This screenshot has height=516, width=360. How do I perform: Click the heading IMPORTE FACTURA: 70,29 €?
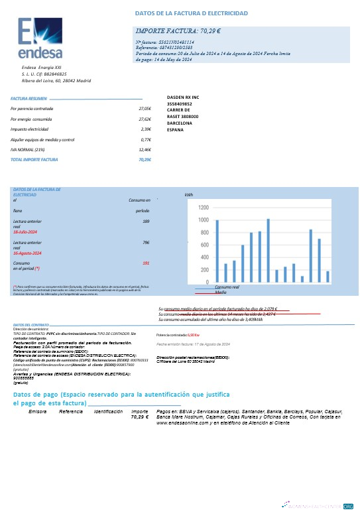pos(178,31)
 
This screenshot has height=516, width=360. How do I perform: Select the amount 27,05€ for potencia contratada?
pos(145,108)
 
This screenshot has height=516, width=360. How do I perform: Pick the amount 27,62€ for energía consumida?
pos(145,119)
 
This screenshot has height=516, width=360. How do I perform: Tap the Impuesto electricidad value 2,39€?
pos(147,129)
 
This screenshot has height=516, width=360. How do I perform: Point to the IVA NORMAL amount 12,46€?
pos(145,151)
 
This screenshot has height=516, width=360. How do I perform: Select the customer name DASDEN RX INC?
pos(183,97)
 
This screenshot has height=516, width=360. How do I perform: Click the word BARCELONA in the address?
pos(180,123)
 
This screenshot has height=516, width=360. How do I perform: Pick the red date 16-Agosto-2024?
pos(28,253)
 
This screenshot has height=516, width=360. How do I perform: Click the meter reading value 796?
pos(145,243)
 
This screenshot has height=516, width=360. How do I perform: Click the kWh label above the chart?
pos(188,196)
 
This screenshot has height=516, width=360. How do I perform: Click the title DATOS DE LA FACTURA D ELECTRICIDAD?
pos(191,13)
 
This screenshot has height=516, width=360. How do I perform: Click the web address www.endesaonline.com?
pos(183,422)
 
